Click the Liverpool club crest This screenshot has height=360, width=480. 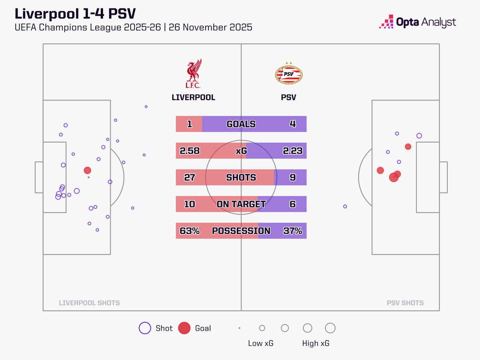tap(193, 74)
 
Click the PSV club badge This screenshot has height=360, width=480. tap(289, 74)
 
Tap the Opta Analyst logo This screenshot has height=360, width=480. tap(417, 22)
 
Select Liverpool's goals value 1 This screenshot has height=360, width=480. tap(189, 124)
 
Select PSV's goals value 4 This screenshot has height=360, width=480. tap(292, 124)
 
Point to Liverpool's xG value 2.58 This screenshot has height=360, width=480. tap(190, 151)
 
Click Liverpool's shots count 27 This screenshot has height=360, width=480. tap(189, 177)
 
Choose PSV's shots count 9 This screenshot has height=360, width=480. tap(292, 177)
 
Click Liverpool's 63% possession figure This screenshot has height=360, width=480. tap(190, 231)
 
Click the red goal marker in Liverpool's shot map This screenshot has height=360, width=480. tap(87, 170)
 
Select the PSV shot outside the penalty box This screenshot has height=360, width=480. tap(345, 206)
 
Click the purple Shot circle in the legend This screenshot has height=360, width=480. tap(144, 328)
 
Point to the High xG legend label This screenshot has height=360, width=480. tap(316, 343)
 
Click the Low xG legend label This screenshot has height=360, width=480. tap(261, 343)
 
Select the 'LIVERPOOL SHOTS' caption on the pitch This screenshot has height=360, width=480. tap(89, 303)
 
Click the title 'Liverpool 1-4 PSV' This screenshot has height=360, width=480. tap(75, 14)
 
